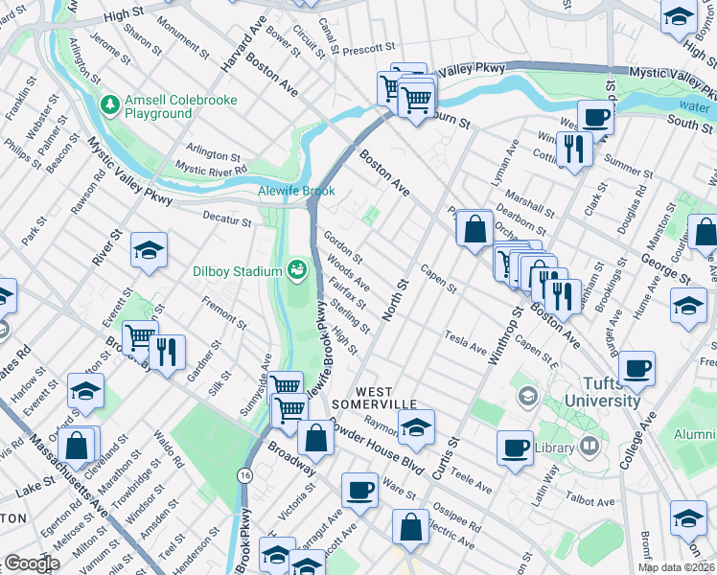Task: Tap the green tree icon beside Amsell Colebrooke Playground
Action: pos(110,103)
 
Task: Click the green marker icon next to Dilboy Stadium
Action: pos(296,270)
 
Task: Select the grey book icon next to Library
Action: pos(589,445)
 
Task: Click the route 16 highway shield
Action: pos(246,475)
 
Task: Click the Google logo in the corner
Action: pos(31,563)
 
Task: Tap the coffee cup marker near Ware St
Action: pos(360,489)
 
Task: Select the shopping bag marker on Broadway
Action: pos(315,438)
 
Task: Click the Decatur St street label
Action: pos(228,218)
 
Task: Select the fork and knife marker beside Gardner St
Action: pos(167,352)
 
